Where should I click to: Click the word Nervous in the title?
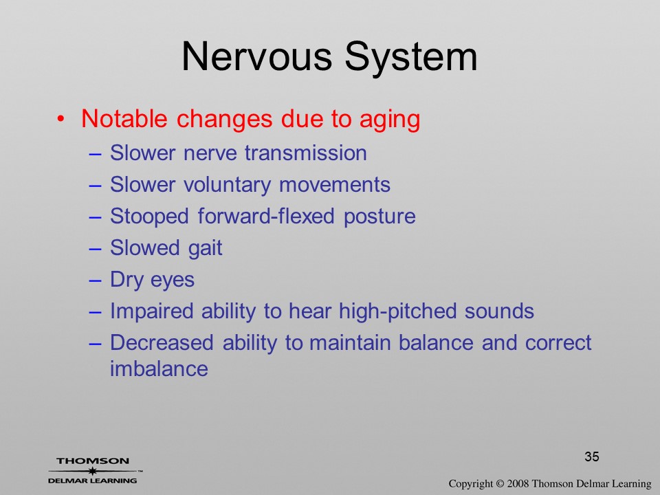click(x=256, y=56)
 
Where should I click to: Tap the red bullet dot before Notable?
click(x=61, y=119)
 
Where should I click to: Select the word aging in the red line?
click(x=390, y=120)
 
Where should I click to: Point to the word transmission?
click(x=306, y=153)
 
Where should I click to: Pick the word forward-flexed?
click(x=266, y=217)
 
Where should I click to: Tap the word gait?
click(x=205, y=248)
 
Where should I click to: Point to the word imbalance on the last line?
click(x=159, y=368)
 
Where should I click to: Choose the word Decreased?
click(x=162, y=342)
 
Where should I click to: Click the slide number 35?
click(x=592, y=456)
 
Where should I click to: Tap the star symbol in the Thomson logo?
click(x=93, y=470)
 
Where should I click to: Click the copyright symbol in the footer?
click(x=499, y=484)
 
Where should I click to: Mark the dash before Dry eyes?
click(x=95, y=280)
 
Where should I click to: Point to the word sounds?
click(x=499, y=312)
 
